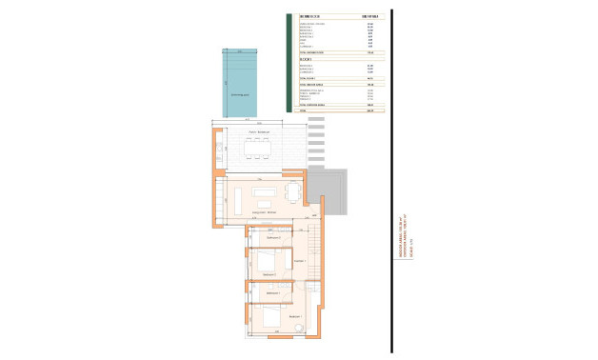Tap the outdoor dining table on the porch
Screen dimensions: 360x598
pos(257,149)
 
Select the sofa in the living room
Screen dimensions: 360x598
pos(264,191)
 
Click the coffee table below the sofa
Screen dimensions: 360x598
pos(264,201)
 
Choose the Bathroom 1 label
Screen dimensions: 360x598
pos(272,292)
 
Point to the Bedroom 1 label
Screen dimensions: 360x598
pos(294,316)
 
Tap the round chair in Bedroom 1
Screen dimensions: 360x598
pos(298,329)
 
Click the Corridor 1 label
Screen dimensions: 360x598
pos(299,260)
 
